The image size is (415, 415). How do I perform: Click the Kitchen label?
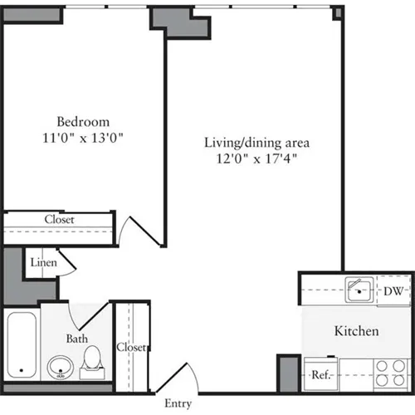[x=356, y=331]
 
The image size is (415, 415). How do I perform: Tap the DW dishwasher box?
[x=393, y=290]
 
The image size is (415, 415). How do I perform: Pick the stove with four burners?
[x=388, y=373]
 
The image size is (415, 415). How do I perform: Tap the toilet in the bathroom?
[x=93, y=359]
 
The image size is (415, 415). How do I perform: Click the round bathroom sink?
[x=59, y=366]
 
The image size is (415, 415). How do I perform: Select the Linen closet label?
[x=43, y=263]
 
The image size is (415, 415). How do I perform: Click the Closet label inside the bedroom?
[x=59, y=220]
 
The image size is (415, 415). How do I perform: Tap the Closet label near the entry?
[x=131, y=347]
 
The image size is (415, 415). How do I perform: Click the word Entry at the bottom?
[x=178, y=404]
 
